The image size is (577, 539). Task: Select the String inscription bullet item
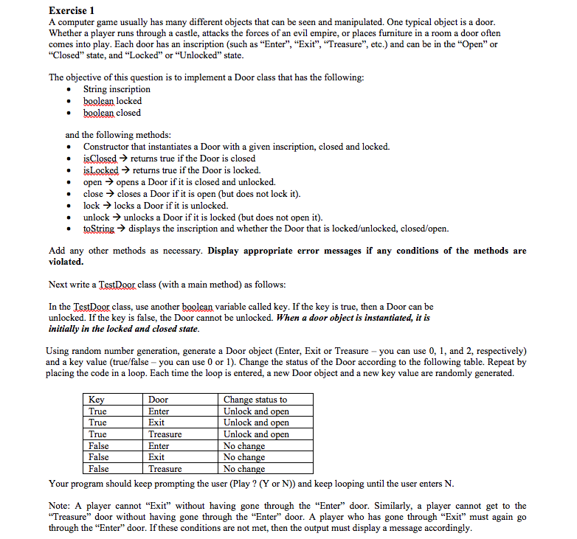pos(117,89)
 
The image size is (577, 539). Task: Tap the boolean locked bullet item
pos(112,101)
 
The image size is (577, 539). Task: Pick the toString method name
pos(99,229)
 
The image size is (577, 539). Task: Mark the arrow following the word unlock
pos(117,218)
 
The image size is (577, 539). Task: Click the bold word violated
pos(66,262)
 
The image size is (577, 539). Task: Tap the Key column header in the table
pos(97,400)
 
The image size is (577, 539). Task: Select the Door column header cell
pos(158,400)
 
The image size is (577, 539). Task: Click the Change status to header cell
pos(255,400)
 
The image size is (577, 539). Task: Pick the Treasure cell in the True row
pos(165,434)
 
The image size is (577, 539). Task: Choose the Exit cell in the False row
pos(156,457)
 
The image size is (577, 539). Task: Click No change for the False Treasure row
pos(243,469)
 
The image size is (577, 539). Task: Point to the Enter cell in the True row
pos(159,411)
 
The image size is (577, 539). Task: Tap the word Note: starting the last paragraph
pos(62,506)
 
